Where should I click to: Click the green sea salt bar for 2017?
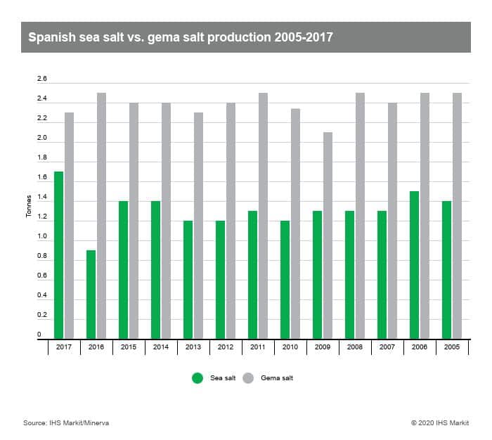(x=59, y=255)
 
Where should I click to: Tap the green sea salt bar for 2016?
(x=91, y=295)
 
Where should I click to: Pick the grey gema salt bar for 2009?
(x=328, y=235)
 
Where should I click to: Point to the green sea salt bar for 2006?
(x=414, y=265)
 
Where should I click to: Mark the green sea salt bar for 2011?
(x=252, y=275)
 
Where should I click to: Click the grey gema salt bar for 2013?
(x=198, y=226)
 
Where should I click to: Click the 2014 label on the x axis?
(x=161, y=348)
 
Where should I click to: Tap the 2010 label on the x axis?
(x=290, y=348)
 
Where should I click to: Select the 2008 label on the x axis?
(x=355, y=348)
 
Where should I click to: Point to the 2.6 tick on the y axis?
(x=41, y=79)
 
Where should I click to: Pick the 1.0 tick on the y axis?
(x=41, y=237)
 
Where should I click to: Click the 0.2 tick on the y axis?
(x=41, y=316)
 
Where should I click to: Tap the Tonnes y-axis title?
(x=29, y=207)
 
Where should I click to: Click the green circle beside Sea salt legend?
(x=198, y=378)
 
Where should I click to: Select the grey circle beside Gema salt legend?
(x=248, y=378)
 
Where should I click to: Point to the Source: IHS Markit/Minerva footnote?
(x=66, y=422)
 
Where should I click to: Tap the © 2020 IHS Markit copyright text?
(x=441, y=422)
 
